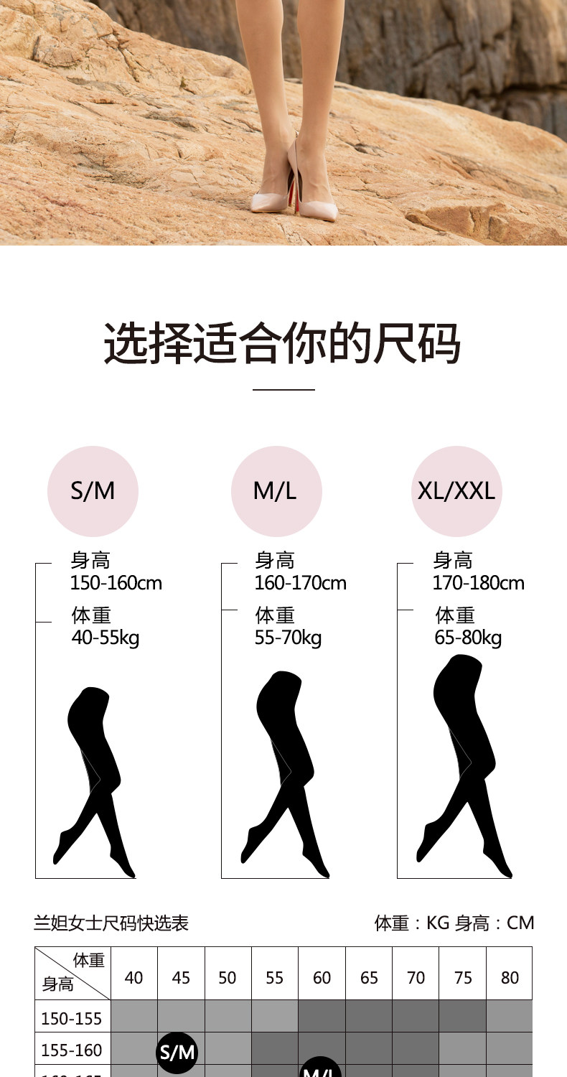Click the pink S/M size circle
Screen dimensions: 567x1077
point(93,491)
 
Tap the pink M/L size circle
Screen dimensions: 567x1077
point(276,491)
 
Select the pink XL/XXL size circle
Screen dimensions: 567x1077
point(456,491)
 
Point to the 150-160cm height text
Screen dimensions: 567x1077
point(116,583)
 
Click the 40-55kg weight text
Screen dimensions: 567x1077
point(106,638)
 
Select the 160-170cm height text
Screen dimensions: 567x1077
point(300,583)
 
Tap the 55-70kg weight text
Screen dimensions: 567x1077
point(288,638)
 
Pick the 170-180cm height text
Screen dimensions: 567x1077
point(478,583)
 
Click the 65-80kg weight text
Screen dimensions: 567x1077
point(468,638)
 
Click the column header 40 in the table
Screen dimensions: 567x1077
point(134,978)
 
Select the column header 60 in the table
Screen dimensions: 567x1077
point(322,978)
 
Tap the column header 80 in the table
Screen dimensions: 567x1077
point(510,978)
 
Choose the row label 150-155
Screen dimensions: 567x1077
point(72,1018)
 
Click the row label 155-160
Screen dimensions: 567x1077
point(72,1050)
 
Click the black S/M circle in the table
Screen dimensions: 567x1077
point(177,1053)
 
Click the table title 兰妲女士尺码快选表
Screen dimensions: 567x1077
point(111,923)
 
